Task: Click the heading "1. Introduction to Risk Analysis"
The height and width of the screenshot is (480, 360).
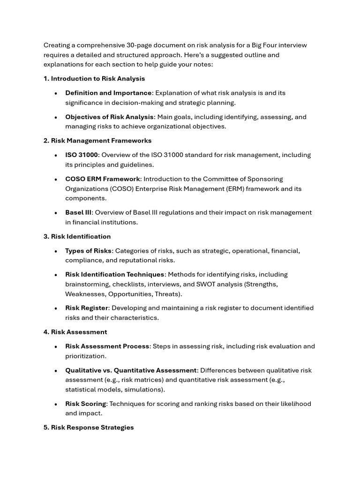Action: (94, 79)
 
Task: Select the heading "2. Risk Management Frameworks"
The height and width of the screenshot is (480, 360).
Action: (97, 141)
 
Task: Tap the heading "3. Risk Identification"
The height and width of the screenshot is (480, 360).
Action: (77, 236)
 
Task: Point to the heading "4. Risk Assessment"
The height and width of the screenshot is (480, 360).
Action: (75, 332)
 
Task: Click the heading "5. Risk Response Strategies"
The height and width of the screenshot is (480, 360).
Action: (89, 427)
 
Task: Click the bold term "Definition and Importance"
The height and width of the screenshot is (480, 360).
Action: (108, 93)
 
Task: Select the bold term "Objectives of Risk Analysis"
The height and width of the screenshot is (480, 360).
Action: (109, 117)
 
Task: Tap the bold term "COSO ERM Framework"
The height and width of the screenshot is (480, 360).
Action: (103, 179)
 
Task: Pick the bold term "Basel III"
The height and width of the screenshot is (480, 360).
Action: (78, 212)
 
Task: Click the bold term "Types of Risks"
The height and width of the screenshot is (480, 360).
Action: (88, 251)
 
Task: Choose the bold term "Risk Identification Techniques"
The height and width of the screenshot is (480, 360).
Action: (115, 274)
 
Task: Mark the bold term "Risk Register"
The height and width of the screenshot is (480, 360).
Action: (87, 308)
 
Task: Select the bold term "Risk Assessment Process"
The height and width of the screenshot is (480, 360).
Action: (107, 346)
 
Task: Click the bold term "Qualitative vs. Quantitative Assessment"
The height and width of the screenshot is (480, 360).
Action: (131, 370)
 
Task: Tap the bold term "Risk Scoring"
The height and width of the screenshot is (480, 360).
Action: (85, 404)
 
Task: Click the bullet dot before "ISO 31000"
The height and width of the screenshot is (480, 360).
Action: (55, 155)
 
